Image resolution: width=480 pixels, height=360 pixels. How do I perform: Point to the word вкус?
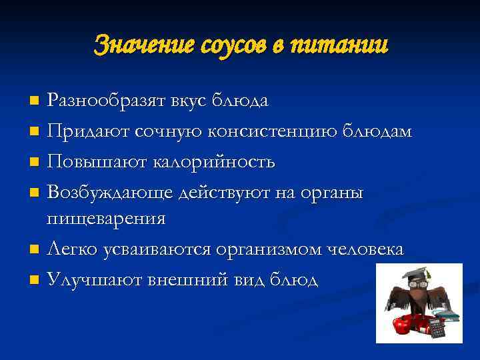(189, 101)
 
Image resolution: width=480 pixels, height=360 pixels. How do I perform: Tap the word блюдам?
(378, 132)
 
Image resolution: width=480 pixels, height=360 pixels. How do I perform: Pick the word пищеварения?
(106, 219)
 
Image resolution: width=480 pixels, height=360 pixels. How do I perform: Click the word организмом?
(269, 249)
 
